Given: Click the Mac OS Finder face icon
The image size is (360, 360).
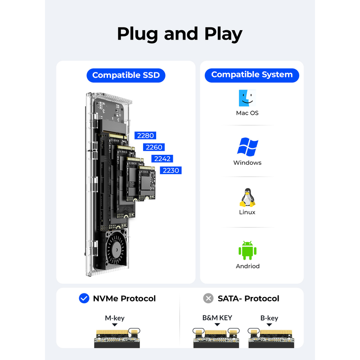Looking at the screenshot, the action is click(x=247, y=98).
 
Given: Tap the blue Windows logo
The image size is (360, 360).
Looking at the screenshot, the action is click(x=247, y=147).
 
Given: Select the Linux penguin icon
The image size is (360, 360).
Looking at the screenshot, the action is click(x=247, y=198).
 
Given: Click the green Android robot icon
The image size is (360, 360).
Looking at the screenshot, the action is click(x=247, y=250).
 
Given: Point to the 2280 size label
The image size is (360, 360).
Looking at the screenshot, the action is click(x=145, y=135).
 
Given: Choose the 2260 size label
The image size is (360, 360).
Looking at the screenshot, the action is click(x=154, y=147).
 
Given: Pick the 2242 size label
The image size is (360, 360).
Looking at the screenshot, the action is click(x=162, y=159).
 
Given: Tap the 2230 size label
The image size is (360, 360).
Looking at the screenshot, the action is click(x=171, y=171).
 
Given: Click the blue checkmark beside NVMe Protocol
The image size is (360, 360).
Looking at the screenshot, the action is click(x=84, y=298).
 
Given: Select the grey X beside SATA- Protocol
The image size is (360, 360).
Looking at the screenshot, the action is click(x=208, y=298).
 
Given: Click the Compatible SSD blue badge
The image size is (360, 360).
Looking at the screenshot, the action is click(x=126, y=75).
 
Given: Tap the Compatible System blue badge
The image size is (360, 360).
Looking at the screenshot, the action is click(x=252, y=75).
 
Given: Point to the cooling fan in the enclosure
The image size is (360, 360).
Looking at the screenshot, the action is click(x=116, y=250).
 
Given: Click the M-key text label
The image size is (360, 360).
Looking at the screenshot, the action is click(x=115, y=318).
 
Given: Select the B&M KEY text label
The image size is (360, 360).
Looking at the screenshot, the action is click(x=217, y=318).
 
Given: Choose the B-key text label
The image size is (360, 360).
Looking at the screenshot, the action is click(x=269, y=318).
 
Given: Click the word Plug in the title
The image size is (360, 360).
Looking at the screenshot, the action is click(x=137, y=34).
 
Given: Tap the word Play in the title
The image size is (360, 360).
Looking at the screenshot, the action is click(x=223, y=34).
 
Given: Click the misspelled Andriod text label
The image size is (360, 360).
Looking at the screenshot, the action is click(x=247, y=266).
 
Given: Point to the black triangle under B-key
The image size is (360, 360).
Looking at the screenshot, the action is click(x=269, y=324).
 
